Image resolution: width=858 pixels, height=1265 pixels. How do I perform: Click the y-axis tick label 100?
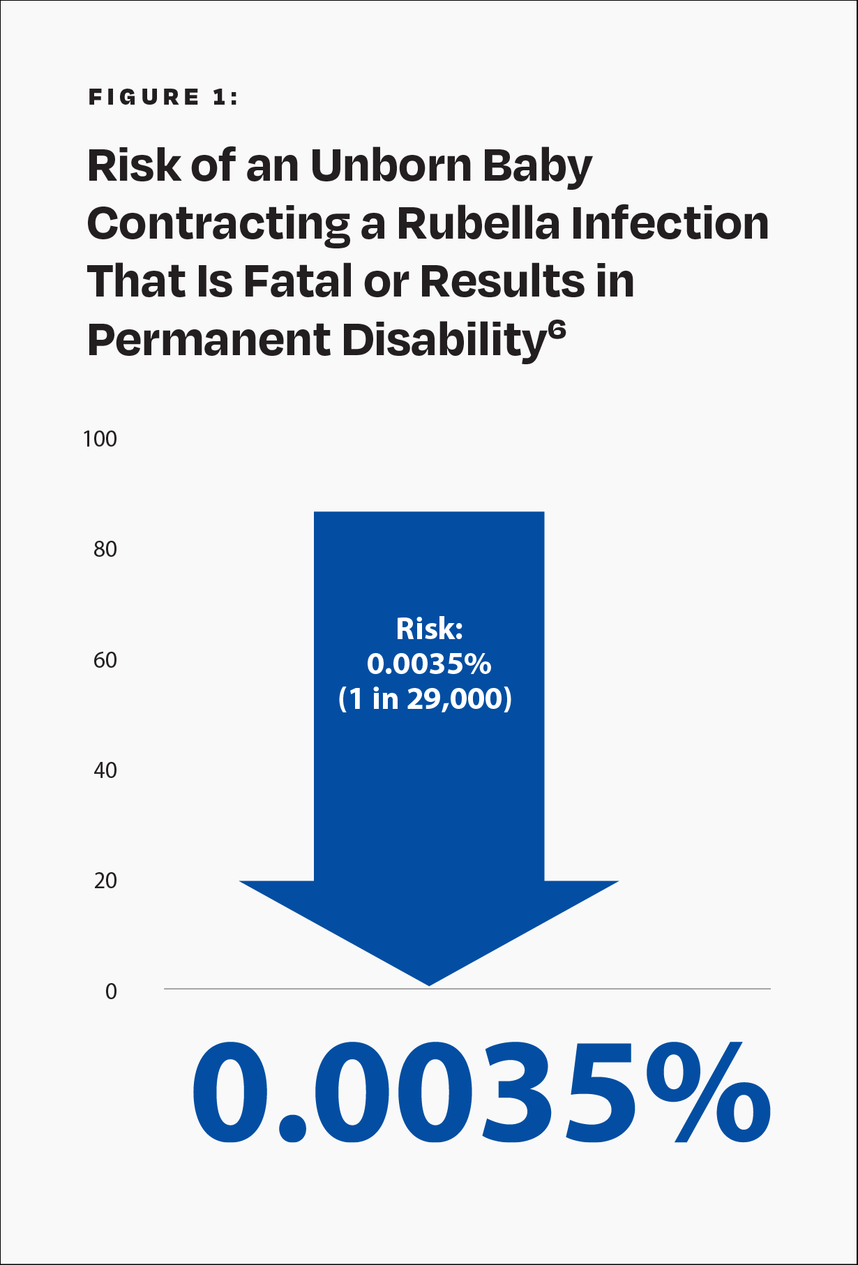[100, 439]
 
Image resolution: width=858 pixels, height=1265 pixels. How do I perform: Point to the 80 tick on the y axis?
[105, 549]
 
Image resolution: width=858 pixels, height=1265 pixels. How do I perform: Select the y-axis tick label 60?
[105, 660]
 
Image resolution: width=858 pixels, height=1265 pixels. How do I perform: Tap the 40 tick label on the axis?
[105, 770]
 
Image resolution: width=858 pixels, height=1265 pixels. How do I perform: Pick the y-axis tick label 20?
[105, 881]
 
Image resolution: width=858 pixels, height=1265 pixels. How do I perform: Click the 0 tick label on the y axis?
[111, 991]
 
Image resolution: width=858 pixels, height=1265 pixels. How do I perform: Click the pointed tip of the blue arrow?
[429, 985]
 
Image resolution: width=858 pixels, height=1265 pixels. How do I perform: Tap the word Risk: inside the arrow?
[429, 629]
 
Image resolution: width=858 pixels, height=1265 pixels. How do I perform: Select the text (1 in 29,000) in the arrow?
[425, 698]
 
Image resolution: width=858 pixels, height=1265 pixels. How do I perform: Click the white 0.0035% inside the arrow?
[429, 664]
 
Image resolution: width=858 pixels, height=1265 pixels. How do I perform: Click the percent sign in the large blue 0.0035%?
[708, 1092]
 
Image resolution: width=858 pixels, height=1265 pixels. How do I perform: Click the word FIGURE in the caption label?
[144, 97]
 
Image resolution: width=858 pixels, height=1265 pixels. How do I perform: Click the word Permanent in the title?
[209, 340]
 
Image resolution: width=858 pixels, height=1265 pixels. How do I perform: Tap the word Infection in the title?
[670, 224]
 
